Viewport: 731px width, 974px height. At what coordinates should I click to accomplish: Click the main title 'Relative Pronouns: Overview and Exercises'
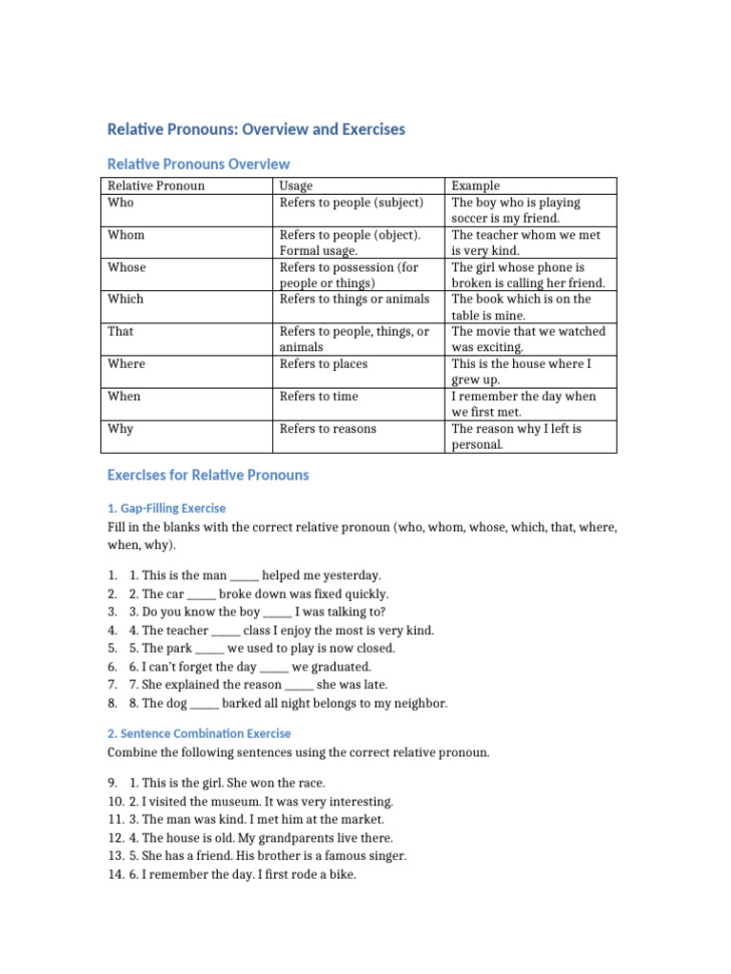click(256, 129)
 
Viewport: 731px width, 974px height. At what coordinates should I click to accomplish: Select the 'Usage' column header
click(296, 185)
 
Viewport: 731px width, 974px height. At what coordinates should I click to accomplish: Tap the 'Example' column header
click(475, 185)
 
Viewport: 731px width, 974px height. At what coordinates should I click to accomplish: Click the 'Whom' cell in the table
click(127, 235)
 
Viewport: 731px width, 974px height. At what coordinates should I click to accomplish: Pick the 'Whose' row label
click(127, 267)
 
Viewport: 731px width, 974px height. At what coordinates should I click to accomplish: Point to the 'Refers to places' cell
click(323, 364)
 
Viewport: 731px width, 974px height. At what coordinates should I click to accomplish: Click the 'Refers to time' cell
click(319, 397)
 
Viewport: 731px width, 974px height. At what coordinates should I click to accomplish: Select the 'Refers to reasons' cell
click(327, 429)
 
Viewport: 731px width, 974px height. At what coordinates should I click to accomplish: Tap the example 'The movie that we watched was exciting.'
click(528, 340)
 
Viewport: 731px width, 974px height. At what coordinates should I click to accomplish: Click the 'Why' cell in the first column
click(121, 429)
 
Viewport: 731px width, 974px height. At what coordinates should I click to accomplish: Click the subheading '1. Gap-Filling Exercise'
click(167, 508)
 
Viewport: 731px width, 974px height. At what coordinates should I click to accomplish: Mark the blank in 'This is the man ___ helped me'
click(244, 576)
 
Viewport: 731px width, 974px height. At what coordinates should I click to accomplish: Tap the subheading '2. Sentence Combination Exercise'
click(199, 733)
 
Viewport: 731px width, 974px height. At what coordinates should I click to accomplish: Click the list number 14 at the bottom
click(114, 874)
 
